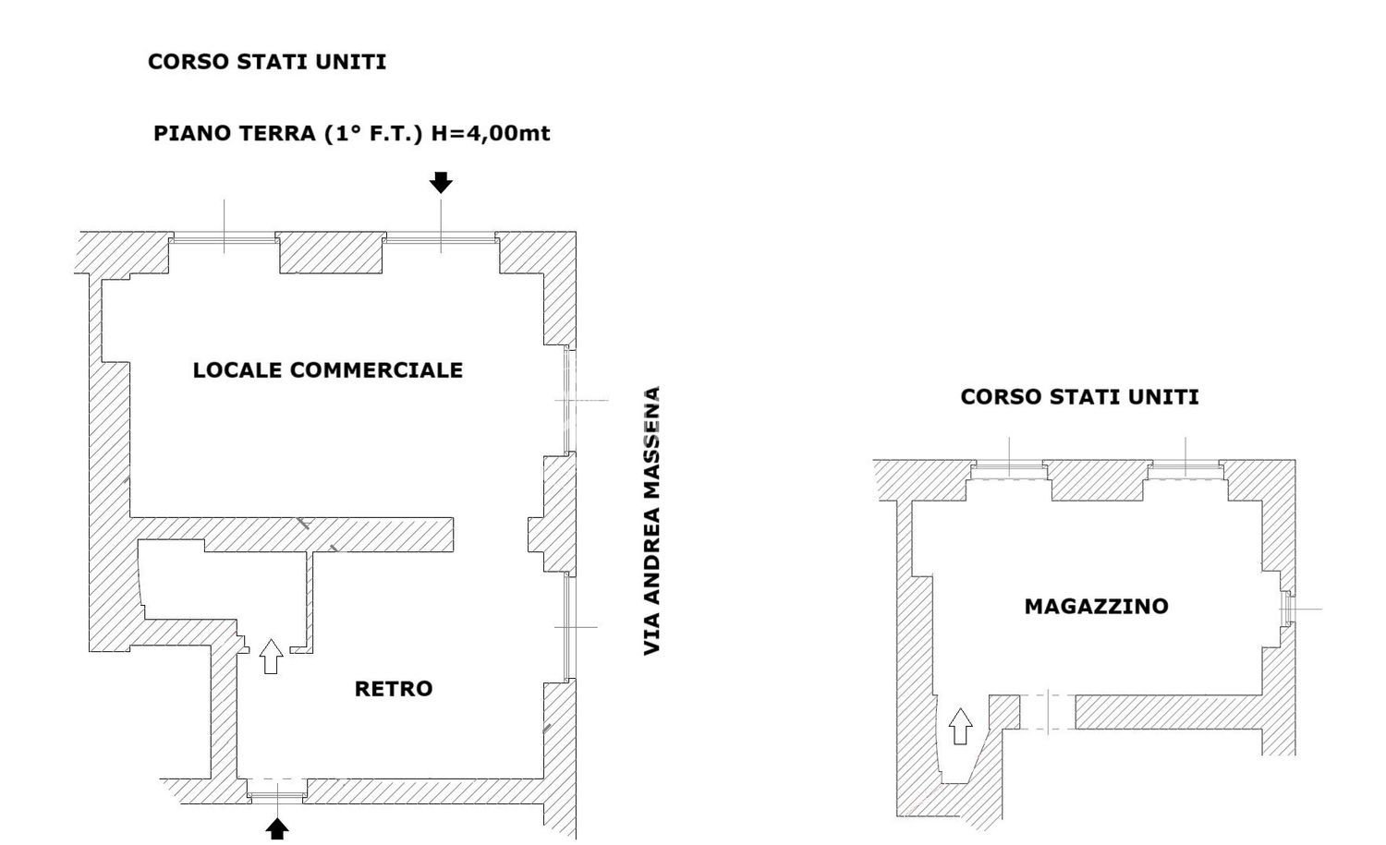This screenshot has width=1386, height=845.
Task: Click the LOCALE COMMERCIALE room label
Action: pos(327,370)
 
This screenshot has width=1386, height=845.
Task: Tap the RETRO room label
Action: pos(393,689)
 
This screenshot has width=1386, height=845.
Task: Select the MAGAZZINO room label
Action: pos(1096,607)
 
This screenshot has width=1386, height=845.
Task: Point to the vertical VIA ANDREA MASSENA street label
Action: pos(652,521)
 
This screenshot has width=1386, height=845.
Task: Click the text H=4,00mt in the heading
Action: pos(490,133)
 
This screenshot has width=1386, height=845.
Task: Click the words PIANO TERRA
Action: pos(234,133)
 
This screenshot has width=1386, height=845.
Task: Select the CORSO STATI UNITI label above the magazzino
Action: pos(1079,397)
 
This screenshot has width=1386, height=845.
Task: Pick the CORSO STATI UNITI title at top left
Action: pos(267,62)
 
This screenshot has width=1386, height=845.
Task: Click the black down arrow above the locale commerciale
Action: pos(441,183)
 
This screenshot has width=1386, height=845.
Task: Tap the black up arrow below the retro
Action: pos(277,827)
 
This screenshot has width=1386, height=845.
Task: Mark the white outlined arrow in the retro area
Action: pos(271,656)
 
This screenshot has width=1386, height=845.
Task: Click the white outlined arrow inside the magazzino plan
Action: pos(961,726)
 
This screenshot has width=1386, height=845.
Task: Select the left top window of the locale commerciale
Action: pos(225,239)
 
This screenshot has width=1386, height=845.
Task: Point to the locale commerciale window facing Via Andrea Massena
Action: pos(567,400)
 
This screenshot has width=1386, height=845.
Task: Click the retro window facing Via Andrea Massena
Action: pos(567,627)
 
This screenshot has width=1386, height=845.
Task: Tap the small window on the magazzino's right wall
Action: pos(1285,609)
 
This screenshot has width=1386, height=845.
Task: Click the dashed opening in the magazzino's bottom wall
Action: pos(1048,711)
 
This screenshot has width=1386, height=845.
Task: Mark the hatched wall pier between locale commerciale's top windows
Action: pos(332,252)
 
